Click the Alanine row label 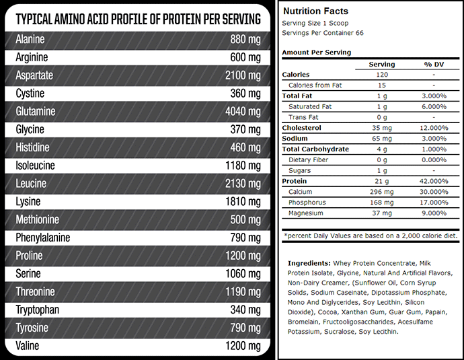pyautogui.click(x=30, y=39)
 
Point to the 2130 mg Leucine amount pyautogui.click(x=243, y=184)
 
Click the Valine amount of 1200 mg pyautogui.click(x=243, y=346)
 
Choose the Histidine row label pyautogui.click(x=32, y=147)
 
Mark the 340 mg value pyautogui.click(x=245, y=310)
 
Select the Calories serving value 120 pyautogui.click(x=382, y=75)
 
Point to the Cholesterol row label pyautogui.click(x=302, y=128)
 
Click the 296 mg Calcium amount pyautogui.click(x=382, y=192)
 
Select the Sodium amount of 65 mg pyautogui.click(x=382, y=139)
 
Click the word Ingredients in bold pyautogui.click(x=309, y=262)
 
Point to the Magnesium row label pyautogui.click(x=305, y=213)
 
